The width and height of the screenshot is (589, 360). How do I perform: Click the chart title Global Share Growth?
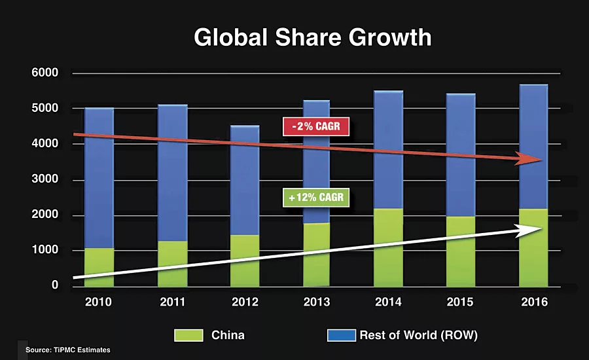click(x=313, y=37)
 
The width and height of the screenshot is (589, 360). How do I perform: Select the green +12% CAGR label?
click(x=316, y=198)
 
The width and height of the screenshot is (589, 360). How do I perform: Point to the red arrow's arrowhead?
click(x=531, y=160)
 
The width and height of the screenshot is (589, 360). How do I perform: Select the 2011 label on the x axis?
click(x=172, y=303)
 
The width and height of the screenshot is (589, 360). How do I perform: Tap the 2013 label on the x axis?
click(x=317, y=303)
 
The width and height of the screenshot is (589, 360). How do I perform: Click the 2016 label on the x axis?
click(x=534, y=303)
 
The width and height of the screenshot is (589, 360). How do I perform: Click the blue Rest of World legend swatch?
click(x=340, y=335)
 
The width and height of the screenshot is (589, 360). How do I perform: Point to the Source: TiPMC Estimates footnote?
click(x=68, y=351)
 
